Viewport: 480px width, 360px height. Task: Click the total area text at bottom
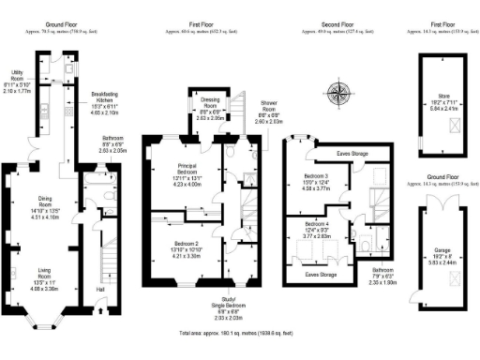240,333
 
